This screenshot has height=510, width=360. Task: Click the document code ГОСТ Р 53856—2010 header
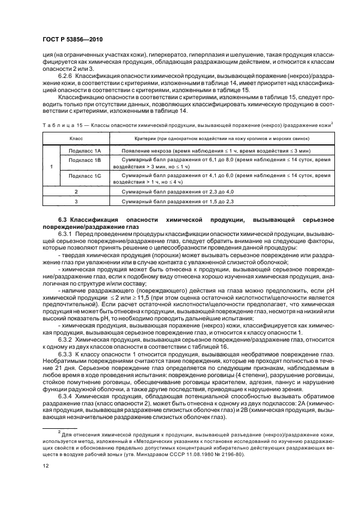click(x=73, y=40)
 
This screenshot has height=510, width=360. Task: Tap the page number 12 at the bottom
click(x=46, y=466)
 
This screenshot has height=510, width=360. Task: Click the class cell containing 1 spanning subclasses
click(x=51, y=166)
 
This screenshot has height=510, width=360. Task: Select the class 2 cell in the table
click(x=76, y=192)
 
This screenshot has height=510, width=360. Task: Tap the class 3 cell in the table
click(x=76, y=202)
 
